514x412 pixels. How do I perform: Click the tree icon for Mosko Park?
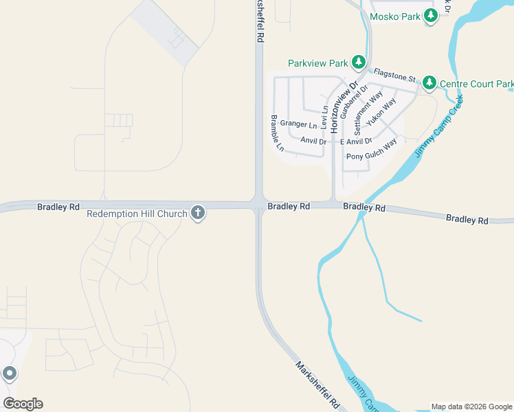coord(431,16)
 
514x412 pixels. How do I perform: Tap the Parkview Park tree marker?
coord(358,63)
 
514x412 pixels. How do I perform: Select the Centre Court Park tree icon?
coord(429,83)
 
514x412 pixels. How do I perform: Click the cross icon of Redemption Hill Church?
coord(198,214)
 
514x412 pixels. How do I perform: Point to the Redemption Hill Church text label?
coord(137,214)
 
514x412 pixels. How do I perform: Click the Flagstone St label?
coord(394,75)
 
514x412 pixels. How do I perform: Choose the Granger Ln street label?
coord(298,125)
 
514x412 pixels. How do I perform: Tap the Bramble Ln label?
coord(276,133)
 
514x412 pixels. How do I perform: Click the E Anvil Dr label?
coord(356,141)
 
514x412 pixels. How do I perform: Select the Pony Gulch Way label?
coord(371,151)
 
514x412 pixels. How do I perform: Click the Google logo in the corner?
coord(23,404)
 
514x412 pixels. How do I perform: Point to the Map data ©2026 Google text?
coord(471,407)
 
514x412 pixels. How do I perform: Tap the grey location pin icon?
coord(9,374)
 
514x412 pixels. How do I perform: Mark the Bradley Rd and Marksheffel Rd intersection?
coord(259,205)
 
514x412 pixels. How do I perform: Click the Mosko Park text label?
coord(394,16)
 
